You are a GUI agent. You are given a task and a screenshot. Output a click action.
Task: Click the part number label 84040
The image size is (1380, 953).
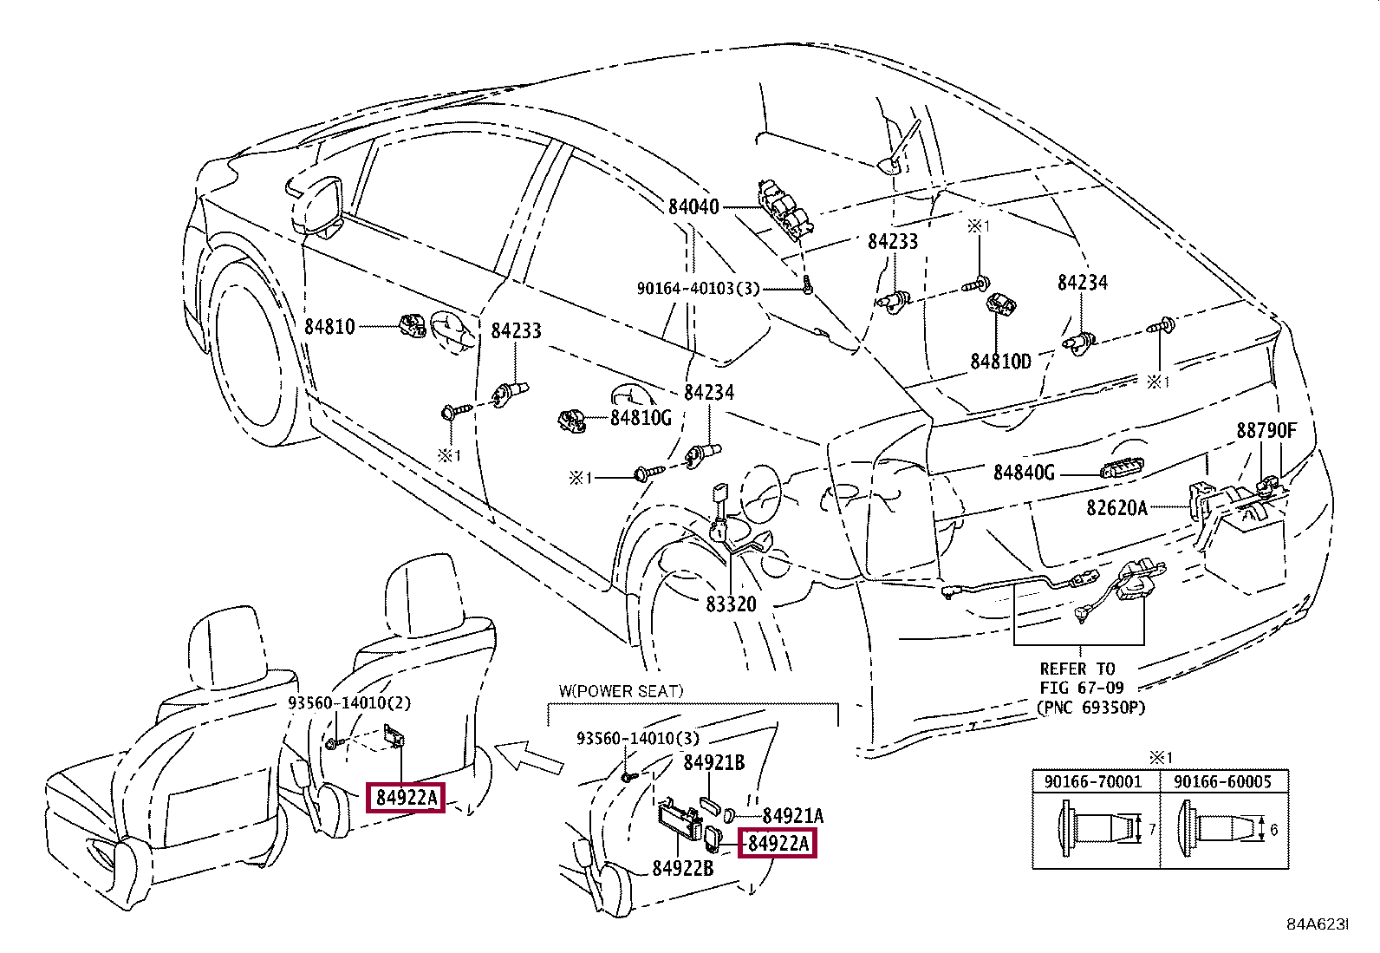coord(693,207)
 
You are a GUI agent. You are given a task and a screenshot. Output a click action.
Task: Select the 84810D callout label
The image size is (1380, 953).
coord(1000,361)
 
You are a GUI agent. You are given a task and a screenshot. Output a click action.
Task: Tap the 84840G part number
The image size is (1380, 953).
coord(1024,473)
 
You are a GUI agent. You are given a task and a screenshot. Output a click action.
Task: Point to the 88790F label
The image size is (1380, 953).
coord(1266,430)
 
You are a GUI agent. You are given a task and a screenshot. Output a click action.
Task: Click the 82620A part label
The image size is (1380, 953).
coord(1116,507)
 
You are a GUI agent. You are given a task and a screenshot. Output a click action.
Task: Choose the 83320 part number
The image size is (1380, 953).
coord(731,604)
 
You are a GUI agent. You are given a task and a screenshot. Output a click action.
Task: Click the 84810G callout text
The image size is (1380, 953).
coord(641,417)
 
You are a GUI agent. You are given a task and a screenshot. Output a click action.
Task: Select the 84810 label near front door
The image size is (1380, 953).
coord(329,327)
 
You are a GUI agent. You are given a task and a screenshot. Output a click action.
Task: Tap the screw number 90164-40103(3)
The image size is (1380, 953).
coord(698,288)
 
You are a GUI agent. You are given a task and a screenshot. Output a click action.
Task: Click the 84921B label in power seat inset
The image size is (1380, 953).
coord(713,762)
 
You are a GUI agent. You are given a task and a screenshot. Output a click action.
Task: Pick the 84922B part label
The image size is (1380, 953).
coord(682,868)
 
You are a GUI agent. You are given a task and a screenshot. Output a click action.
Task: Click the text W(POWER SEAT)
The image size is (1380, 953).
coord(621,691)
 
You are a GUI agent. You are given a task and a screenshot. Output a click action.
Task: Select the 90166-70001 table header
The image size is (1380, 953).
coord(1092,781)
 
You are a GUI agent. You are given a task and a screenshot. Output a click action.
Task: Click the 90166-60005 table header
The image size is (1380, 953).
coord(1222,781)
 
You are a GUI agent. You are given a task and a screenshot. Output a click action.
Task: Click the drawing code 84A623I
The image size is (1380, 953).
coord(1317,924)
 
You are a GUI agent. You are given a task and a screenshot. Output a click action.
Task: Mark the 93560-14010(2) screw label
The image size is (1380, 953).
coord(349,702)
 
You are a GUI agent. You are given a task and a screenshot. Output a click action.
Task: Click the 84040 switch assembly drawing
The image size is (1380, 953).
coord(786,211)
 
